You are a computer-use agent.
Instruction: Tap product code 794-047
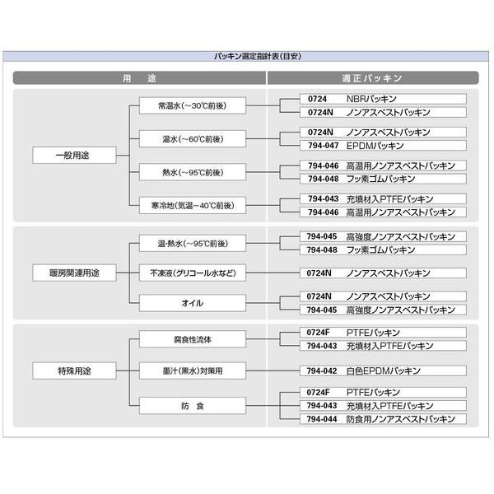click(323, 145)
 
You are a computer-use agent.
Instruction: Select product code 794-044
click(323, 419)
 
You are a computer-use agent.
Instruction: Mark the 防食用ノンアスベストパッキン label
click(401, 419)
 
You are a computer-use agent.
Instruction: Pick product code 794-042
click(323, 371)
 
